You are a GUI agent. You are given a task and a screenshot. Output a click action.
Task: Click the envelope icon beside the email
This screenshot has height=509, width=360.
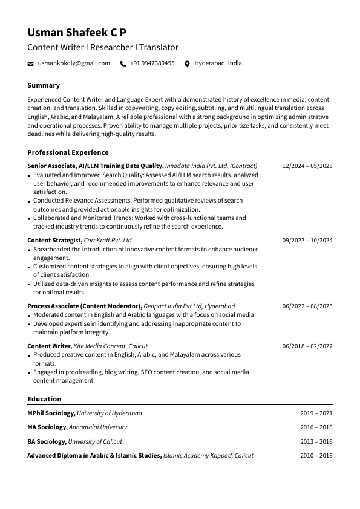tap(31, 63)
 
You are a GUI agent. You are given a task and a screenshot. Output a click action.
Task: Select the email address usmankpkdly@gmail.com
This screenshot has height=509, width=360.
tap(74, 63)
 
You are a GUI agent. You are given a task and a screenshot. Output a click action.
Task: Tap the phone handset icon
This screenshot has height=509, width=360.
tap(123, 63)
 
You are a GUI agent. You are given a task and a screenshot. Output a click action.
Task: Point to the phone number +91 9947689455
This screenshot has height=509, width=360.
tap(152, 63)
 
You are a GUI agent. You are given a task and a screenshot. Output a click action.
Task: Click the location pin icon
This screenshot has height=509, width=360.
tap(187, 63)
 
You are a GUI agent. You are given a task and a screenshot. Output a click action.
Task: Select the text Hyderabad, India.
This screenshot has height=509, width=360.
tap(219, 63)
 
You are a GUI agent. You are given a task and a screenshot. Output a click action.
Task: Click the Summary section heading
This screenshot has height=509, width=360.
tap(44, 86)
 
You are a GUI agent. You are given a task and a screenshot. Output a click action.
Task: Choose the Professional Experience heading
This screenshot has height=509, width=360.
tap(68, 153)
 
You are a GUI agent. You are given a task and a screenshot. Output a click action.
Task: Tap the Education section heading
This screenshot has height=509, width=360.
tap(44, 399)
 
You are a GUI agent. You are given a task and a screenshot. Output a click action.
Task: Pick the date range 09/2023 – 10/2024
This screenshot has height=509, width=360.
tap(307, 241)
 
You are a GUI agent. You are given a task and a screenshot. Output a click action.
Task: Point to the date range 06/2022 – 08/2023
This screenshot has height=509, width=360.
tap(307, 306)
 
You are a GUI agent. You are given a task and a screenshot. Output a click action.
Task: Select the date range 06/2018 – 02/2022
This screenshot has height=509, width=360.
tap(307, 346)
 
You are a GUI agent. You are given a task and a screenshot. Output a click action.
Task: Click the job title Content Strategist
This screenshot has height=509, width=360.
tap(54, 241)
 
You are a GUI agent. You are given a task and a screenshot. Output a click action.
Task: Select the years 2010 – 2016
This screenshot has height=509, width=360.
tap(316, 456)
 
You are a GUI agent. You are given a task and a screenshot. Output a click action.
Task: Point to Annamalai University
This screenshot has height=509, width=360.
tap(97, 427)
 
